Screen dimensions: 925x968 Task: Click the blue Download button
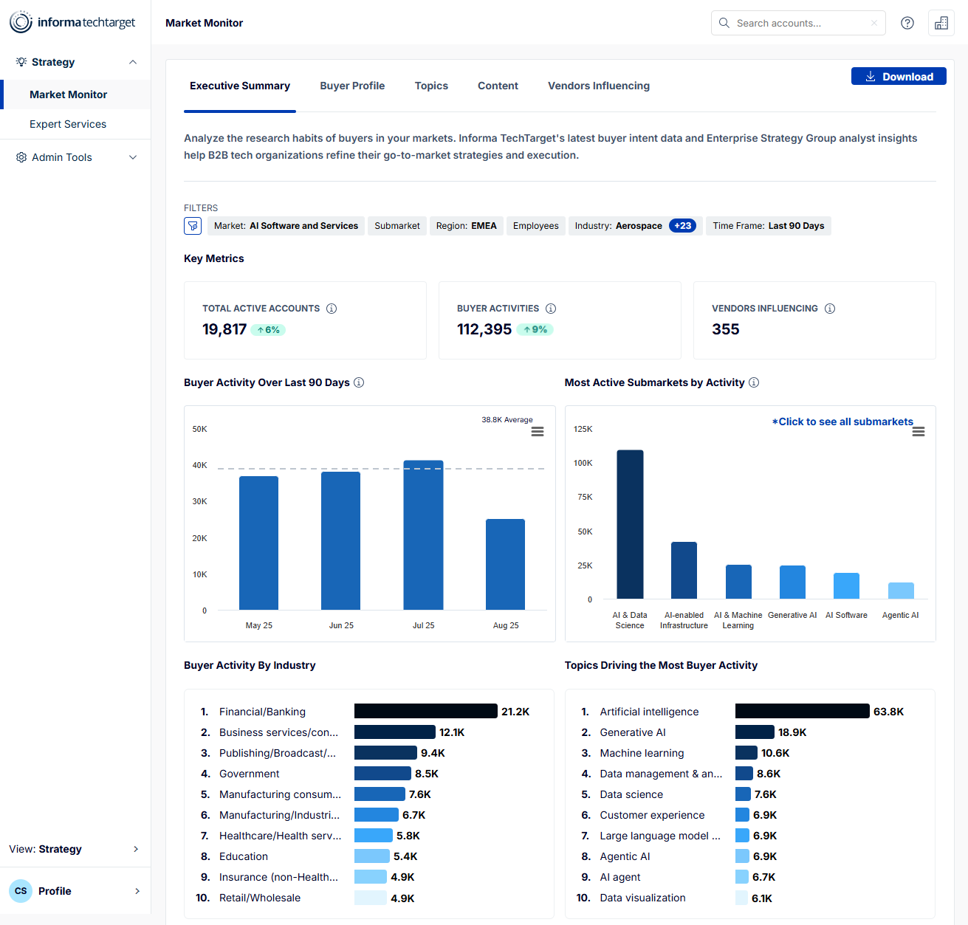point(899,77)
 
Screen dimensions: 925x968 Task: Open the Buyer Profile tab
point(352,86)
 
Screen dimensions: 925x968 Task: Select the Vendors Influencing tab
point(598,86)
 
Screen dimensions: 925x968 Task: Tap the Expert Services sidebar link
point(68,124)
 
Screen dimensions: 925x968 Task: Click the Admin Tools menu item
point(62,157)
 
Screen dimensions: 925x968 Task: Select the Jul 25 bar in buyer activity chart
point(423,535)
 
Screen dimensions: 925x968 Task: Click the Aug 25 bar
point(505,564)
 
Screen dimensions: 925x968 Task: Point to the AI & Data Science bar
point(630,524)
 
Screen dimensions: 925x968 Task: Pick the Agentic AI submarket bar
point(901,591)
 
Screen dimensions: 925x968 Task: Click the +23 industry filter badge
point(682,226)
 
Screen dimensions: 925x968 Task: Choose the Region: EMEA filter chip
point(466,226)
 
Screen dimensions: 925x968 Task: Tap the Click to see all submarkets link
point(842,422)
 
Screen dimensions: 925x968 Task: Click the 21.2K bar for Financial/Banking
point(425,711)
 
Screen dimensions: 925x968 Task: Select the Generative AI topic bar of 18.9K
point(755,732)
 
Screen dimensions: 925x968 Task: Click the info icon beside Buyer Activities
point(551,309)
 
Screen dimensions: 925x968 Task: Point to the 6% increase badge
point(268,330)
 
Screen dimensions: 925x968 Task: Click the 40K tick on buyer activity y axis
point(199,465)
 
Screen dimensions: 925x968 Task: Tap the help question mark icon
point(907,23)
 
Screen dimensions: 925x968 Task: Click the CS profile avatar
point(21,891)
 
